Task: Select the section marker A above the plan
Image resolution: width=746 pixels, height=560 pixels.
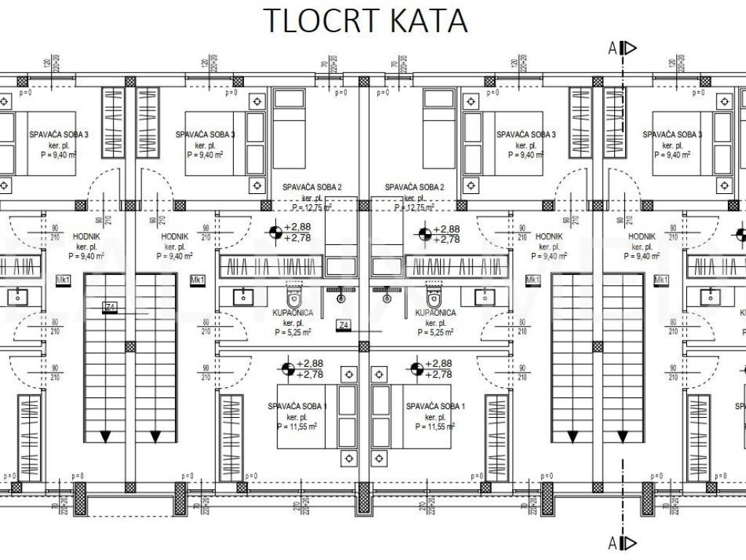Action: tap(613, 48)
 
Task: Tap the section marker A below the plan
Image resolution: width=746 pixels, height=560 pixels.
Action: tap(613, 542)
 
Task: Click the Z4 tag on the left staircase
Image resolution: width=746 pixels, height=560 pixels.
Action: tap(111, 306)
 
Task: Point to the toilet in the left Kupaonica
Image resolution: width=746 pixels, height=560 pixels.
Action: tap(294, 297)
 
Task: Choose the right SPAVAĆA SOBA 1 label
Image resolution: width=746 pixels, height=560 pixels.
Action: tap(436, 406)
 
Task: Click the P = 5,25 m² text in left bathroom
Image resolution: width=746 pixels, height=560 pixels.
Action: tap(294, 332)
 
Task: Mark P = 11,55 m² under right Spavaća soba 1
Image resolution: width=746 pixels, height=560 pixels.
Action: tap(436, 426)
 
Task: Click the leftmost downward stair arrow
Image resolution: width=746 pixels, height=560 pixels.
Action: tap(106, 436)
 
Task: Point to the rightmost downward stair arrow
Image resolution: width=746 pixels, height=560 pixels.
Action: tap(624, 436)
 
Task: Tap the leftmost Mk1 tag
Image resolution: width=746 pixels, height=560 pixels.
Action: tap(63, 280)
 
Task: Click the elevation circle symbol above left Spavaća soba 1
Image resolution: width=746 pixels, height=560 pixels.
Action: tap(288, 368)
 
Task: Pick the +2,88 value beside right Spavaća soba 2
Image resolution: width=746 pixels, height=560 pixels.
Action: tap(447, 228)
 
